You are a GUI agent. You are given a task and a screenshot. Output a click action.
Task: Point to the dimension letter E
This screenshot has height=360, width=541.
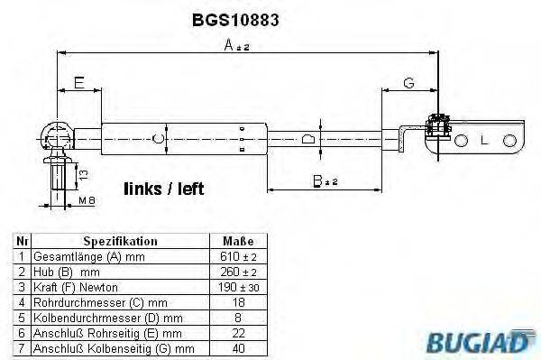pos(78,83)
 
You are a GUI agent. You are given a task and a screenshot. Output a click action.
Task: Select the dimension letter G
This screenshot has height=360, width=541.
pos(408,83)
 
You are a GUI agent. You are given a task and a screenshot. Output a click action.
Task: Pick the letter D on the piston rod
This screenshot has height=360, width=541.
pos(307,139)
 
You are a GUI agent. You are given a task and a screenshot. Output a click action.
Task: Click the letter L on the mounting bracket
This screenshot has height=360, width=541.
pos(484,142)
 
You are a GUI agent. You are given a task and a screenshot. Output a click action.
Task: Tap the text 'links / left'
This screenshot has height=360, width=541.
pos(163,189)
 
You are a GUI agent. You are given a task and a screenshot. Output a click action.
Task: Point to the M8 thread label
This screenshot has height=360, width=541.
pos(87,198)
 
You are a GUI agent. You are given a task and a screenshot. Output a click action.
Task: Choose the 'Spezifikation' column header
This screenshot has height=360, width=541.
pos(120,241)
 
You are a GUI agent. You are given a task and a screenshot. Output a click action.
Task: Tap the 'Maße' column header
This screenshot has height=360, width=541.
pos(238,241)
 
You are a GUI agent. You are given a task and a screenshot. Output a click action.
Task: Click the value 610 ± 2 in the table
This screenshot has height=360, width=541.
pos(238,255)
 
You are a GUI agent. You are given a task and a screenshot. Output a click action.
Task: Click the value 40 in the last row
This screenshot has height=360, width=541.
pos(238,347)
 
